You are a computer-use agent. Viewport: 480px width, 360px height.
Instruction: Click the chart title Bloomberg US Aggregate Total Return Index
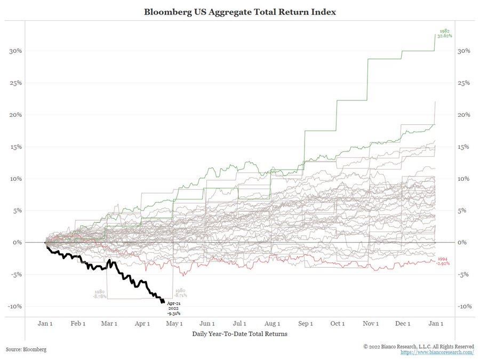coord(239,11)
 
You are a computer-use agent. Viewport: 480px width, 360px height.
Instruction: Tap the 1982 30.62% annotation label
coord(444,34)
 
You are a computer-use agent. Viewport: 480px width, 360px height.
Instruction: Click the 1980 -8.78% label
coord(98,293)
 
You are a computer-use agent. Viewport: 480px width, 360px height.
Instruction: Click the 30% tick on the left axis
coord(15,51)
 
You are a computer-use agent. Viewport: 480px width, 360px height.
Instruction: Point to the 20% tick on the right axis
coord(463,115)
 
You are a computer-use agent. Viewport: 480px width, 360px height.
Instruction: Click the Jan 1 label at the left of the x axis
coord(45,323)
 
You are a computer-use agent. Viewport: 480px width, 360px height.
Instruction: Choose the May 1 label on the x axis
coord(174,323)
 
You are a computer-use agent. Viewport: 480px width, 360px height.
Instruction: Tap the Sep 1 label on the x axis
coord(305,323)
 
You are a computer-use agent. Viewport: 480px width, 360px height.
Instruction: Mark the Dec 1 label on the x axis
coord(402,323)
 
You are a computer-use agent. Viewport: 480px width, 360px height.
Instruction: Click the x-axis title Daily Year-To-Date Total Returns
coord(239,334)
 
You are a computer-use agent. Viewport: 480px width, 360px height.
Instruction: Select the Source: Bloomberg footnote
coord(26,349)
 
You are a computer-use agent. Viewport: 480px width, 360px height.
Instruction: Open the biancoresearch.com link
coord(437,353)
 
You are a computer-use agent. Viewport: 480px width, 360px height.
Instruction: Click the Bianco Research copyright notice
coord(419,346)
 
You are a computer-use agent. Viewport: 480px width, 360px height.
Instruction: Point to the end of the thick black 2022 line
coord(163,302)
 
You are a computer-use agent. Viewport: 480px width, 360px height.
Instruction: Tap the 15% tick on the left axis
coord(15,147)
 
